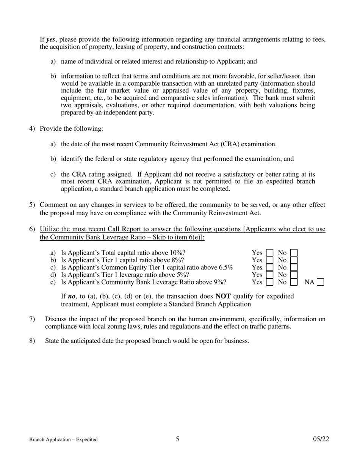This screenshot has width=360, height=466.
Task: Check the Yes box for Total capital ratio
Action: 269,253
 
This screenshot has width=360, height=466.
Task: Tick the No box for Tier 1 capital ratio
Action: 294,260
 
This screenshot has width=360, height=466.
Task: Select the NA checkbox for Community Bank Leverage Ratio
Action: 320,282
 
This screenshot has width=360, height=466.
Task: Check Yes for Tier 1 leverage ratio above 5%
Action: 269,275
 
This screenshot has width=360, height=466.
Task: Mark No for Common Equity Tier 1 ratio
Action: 294,267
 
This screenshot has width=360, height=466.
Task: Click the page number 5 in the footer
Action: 177,439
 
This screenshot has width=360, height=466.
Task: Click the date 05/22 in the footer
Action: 321,439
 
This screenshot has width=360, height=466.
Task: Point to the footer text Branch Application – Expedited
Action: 64,440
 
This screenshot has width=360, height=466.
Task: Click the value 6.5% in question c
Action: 226,267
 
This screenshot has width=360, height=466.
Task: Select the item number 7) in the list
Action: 32,319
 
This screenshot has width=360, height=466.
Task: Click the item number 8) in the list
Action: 32,341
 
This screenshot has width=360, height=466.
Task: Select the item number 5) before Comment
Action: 32,205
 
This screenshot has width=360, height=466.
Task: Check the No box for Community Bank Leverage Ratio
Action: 294,282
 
